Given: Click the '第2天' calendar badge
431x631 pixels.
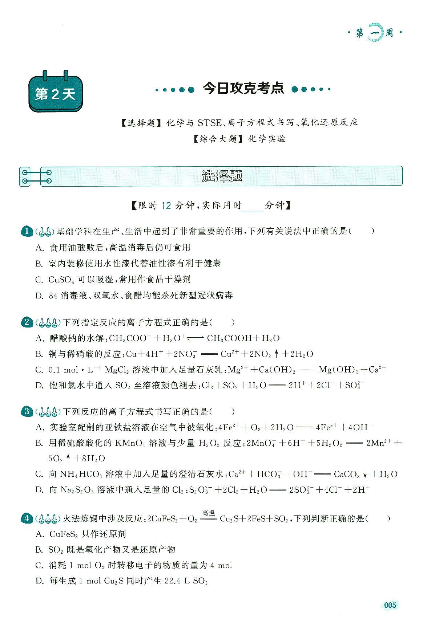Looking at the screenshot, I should coord(55,94).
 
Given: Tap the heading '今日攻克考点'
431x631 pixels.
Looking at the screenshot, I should coord(243,89).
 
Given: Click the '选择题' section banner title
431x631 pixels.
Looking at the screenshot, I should coord(222,176).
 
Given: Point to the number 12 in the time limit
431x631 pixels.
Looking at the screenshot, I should coord(166,206).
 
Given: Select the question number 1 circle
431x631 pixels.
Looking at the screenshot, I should coord(27,231).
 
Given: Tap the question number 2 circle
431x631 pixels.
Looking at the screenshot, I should coord(27,322).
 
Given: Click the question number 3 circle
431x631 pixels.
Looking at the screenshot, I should coord(27,411).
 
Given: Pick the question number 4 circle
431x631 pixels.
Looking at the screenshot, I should coord(27,518).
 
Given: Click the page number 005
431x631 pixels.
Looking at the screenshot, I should coord(390,605).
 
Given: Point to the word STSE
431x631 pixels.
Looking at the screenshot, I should coord(209,123).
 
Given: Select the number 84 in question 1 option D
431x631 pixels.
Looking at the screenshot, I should coord(53,296).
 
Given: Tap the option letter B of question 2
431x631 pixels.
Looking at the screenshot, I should coord(39,354).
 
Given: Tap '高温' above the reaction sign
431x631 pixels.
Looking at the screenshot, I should coord(209,513).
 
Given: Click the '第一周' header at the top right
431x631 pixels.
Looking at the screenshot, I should coord(374,33).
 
